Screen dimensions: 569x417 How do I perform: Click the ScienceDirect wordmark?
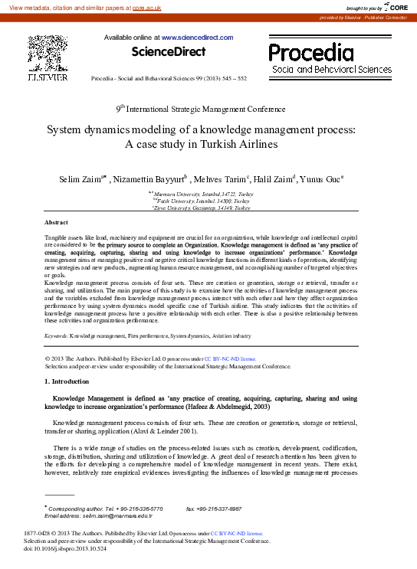click(169, 52)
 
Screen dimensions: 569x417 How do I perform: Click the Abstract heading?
click(58, 221)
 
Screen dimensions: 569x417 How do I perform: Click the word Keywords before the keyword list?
click(56, 335)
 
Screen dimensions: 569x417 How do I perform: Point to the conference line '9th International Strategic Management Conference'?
click(208, 109)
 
